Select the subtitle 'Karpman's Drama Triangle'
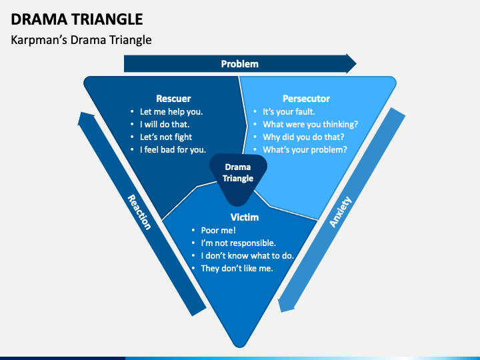click(x=81, y=40)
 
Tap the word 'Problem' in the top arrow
click(x=239, y=64)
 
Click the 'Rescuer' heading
click(x=173, y=99)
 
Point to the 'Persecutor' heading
click(x=306, y=99)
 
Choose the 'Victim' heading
click(x=244, y=217)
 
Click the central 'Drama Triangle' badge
click(x=238, y=173)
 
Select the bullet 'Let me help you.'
click(x=171, y=112)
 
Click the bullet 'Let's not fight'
click(x=165, y=137)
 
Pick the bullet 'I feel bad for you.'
click(x=173, y=150)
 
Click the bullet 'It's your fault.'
click(x=289, y=112)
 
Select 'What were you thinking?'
click(x=310, y=125)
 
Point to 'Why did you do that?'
click(x=304, y=137)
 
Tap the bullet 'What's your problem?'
click(x=305, y=150)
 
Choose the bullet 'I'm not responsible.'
click(x=238, y=243)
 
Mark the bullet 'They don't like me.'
click(x=237, y=269)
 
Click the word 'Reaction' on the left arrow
click(x=139, y=212)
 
